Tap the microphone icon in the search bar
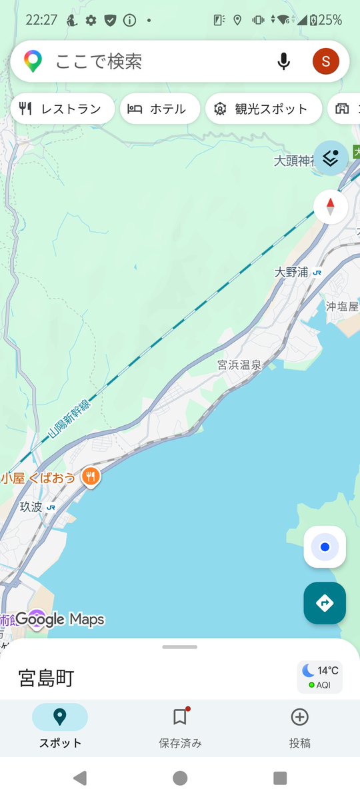[x=284, y=62]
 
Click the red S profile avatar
[x=325, y=62]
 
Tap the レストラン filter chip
[x=61, y=109]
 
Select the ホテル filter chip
[x=159, y=109]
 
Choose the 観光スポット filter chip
[x=262, y=109]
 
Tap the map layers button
[x=331, y=158]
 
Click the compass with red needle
[x=331, y=207]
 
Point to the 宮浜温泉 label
[x=239, y=365]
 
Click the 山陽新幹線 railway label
[x=69, y=415]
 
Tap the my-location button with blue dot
[x=325, y=547]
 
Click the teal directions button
[x=325, y=603]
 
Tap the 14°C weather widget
[x=320, y=677]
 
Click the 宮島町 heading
[x=46, y=678]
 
